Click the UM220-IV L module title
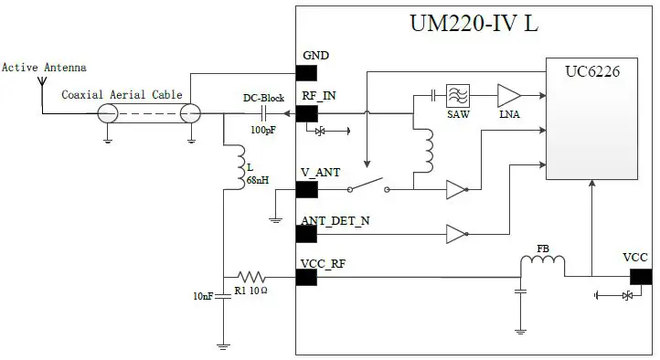473,24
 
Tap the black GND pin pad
306,72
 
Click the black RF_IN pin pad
306,113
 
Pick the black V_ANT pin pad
306,190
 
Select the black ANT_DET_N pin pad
306,234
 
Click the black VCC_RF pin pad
306,275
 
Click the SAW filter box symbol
457,95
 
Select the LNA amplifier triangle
507,95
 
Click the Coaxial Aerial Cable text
122,95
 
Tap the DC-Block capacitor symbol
263,113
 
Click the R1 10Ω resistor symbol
250,275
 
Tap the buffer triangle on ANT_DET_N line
455,234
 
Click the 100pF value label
263,131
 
